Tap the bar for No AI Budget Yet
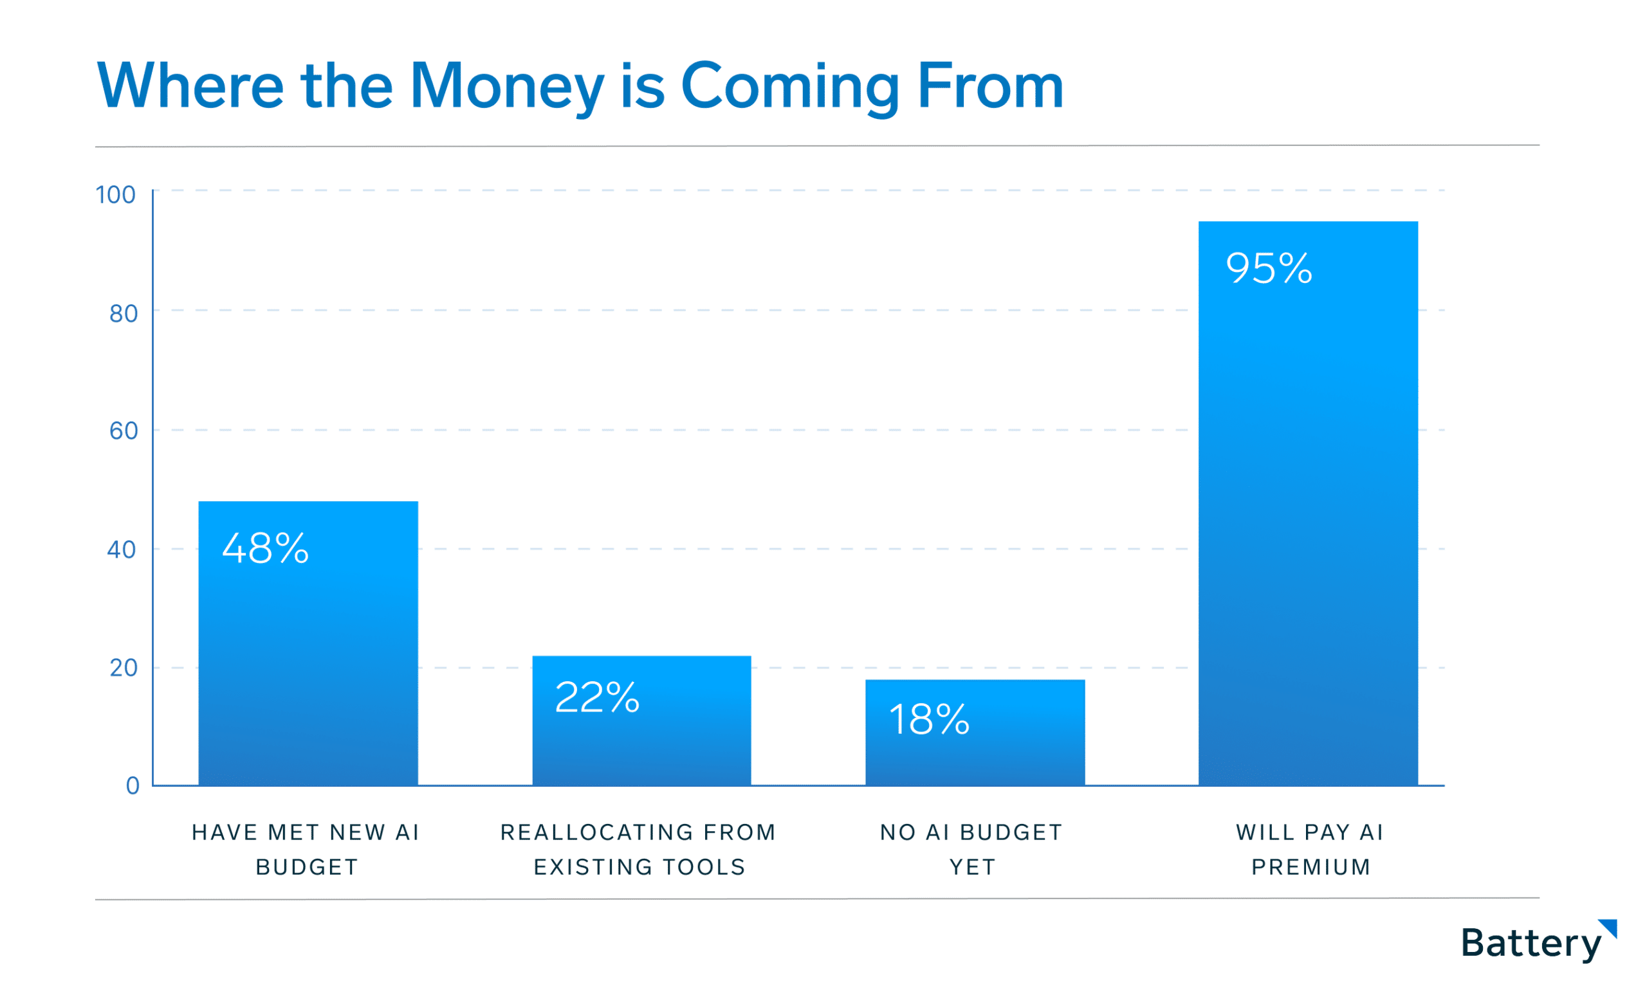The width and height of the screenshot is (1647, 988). tap(975, 733)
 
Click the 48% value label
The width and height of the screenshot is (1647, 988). tap(266, 549)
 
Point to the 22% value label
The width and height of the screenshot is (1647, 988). tap(597, 697)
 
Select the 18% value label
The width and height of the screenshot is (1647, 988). tap(930, 720)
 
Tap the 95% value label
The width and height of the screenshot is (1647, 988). tap(1269, 268)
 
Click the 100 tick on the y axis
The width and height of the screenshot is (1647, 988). tap(116, 195)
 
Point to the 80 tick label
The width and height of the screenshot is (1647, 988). tap(123, 314)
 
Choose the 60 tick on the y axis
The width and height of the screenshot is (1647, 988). tap(123, 432)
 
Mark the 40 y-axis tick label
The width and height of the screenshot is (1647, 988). tap(122, 550)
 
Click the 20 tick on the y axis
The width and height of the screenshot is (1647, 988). tap(123, 668)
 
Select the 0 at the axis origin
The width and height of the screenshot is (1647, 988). tap(133, 785)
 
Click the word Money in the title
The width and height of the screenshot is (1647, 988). tap(507, 88)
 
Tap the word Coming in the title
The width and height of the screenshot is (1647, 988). tap(790, 88)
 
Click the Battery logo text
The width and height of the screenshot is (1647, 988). tap(1531, 944)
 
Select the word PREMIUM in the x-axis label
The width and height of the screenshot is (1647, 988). tap(1311, 868)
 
